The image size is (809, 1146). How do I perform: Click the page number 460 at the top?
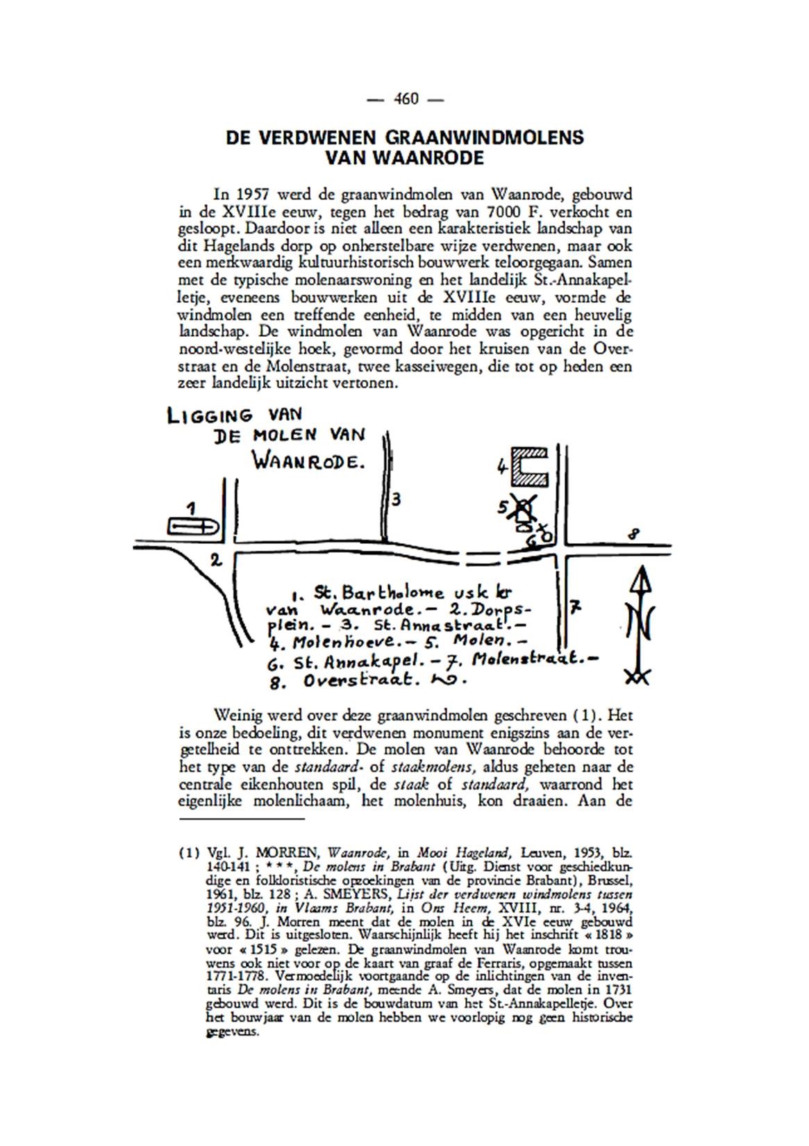[405, 99]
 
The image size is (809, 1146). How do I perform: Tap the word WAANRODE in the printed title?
[435, 158]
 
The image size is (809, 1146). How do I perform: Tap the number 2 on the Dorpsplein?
[216, 560]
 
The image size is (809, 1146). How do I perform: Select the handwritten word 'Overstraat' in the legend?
[362, 681]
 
